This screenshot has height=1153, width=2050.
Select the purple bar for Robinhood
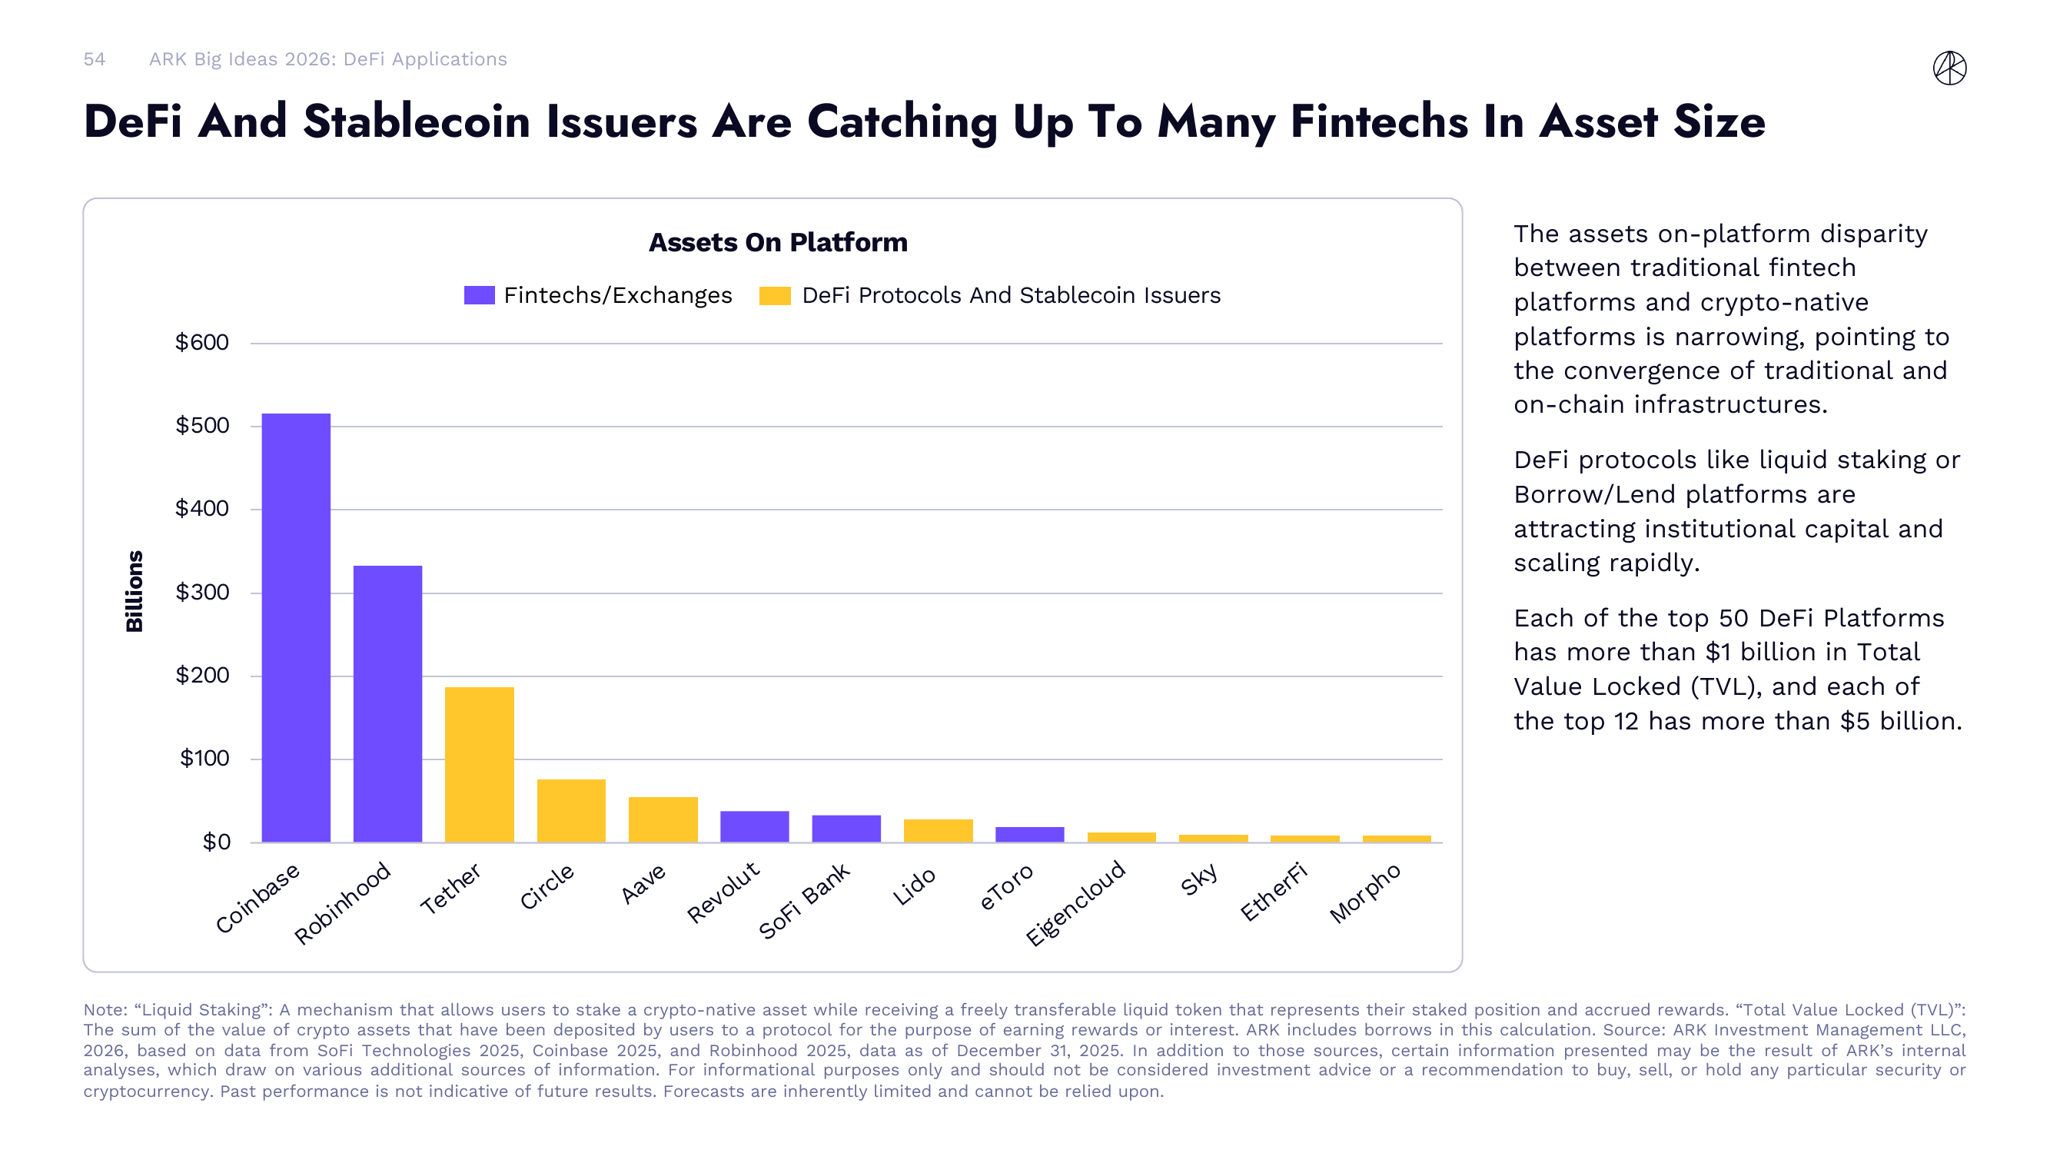(387, 703)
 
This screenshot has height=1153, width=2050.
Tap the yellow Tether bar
(479, 764)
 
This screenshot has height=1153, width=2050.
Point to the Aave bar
(663, 819)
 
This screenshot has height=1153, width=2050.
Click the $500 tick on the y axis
(202, 426)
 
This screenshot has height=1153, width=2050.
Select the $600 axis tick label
(202, 343)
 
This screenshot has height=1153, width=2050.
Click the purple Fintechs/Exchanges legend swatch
(479, 295)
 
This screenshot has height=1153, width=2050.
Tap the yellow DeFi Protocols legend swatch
(774, 295)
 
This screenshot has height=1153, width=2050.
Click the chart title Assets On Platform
(778, 242)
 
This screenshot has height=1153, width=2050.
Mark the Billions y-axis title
(135, 590)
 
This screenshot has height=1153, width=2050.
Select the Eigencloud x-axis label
(1076, 902)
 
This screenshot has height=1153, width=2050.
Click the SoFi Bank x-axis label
(805, 901)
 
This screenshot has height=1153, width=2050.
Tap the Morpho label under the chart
(1365, 892)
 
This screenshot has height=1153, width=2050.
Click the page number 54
(94, 60)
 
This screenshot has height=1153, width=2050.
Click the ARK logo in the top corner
(1949, 68)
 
